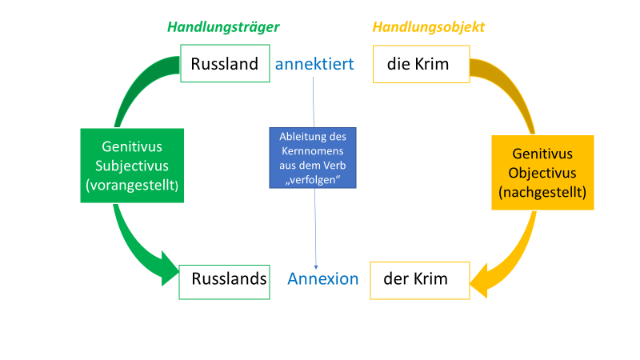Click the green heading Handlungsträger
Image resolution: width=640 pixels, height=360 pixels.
click(x=223, y=27)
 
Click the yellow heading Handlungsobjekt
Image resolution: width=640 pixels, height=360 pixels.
click(x=429, y=27)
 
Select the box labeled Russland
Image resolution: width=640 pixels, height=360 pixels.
click(x=225, y=63)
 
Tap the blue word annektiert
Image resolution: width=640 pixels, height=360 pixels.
click(x=314, y=63)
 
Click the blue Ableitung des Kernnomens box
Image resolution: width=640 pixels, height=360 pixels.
click(x=313, y=157)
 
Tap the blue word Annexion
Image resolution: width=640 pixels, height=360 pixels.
click(x=323, y=279)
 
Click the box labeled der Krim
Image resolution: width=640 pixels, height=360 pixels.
click(x=415, y=279)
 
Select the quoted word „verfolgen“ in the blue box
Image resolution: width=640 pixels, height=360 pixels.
click(x=313, y=178)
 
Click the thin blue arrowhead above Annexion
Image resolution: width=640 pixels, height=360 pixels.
click(x=318, y=266)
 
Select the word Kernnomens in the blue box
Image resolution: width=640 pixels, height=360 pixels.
click(x=313, y=150)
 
